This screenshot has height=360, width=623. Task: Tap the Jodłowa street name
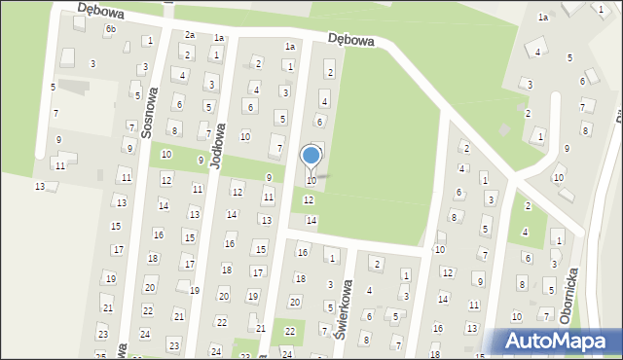[219, 146]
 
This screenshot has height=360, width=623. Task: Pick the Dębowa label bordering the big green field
[351, 40]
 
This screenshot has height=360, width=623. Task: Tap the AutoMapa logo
[559, 342]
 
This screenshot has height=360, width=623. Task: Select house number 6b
[110, 29]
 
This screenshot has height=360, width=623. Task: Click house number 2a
[190, 35]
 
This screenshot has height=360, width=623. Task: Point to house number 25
[101, 355]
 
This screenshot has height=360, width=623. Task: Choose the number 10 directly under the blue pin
[311, 181]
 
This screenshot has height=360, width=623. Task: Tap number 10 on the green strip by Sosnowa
[166, 155]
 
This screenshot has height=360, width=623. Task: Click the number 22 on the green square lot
[289, 331]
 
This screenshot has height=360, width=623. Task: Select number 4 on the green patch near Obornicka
[525, 232]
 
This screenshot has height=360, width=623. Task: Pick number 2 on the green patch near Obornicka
[528, 205]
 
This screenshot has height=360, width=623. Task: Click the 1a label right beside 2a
[220, 38]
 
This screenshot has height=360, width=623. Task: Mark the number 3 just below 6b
[92, 63]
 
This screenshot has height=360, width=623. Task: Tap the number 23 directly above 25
[102, 334]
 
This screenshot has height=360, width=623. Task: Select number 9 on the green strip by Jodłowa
[201, 160]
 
